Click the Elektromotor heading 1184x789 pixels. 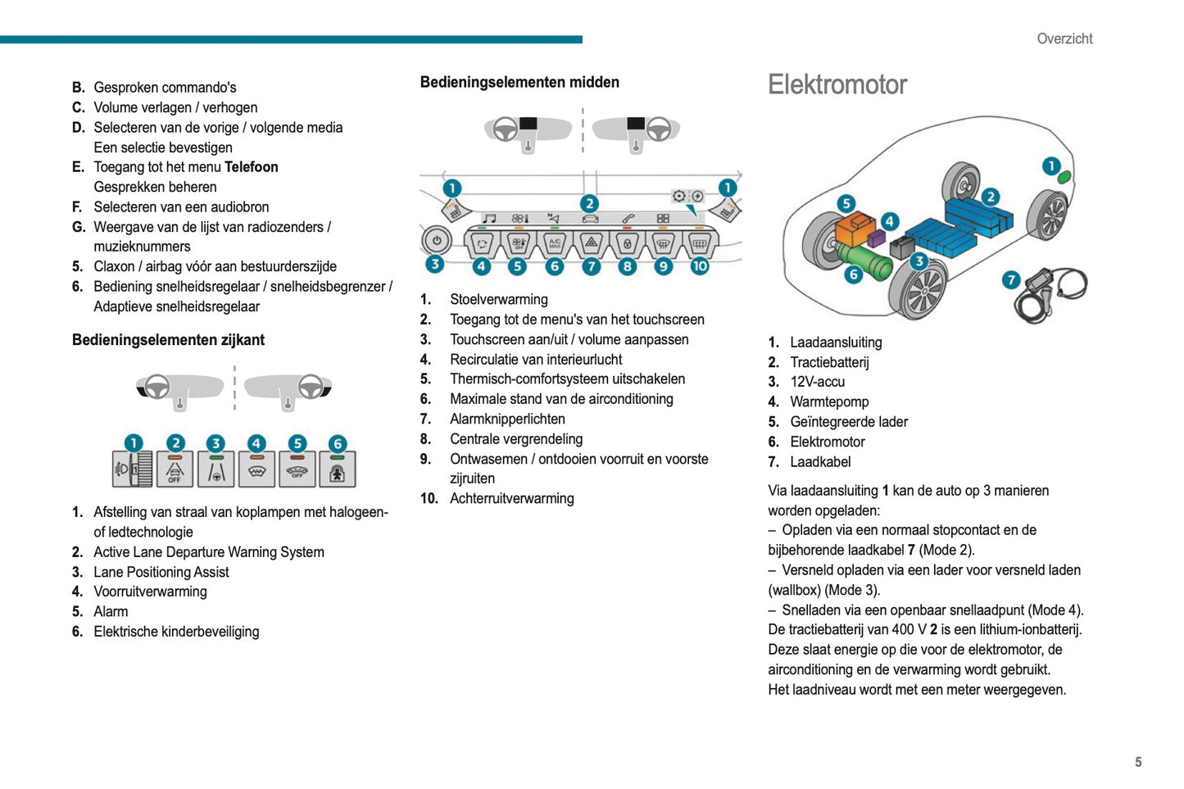[x=837, y=85]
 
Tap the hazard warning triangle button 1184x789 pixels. [x=591, y=243]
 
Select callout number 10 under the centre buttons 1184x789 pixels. [x=700, y=265]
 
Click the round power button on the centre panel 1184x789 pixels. [x=437, y=241]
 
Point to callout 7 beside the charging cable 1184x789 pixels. [x=1011, y=280]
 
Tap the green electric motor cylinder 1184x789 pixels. [x=873, y=264]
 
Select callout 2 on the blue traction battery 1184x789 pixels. [x=991, y=197]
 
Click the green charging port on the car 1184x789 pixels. [x=1064, y=176]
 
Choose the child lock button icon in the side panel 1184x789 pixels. [x=337, y=471]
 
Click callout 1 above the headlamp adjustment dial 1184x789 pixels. [x=134, y=443]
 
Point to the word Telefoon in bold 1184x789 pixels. [x=252, y=167]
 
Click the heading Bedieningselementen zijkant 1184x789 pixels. [x=168, y=340]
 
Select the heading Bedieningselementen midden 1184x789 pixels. [x=519, y=82]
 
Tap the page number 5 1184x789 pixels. [x=1138, y=762]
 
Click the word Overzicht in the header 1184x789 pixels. [x=1064, y=39]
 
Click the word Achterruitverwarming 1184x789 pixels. [x=512, y=498]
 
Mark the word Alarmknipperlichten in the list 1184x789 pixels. [x=507, y=419]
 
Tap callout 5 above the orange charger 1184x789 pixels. [x=846, y=203]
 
